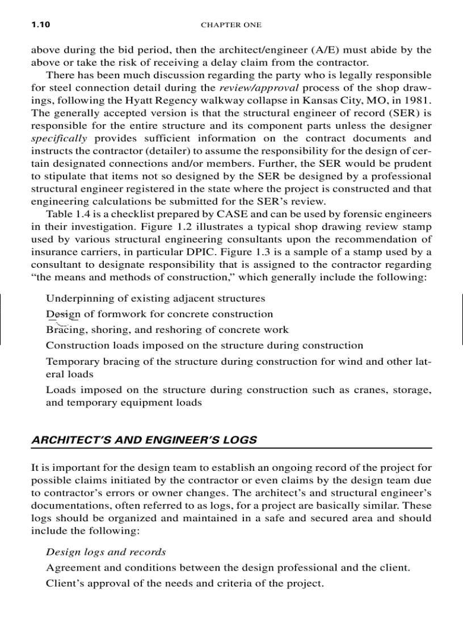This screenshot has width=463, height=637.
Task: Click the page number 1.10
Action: (x=40, y=25)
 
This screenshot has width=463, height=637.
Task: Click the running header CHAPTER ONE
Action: (x=231, y=25)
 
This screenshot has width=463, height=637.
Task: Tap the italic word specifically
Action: (x=59, y=138)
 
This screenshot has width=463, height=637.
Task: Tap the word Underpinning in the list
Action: (x=76, y=298)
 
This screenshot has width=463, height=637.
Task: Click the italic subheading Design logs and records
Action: (x=106, y=552)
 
